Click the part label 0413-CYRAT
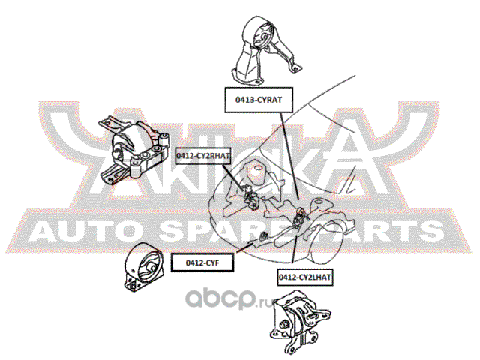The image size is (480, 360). pos(259,100)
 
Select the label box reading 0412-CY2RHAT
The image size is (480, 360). pos(203,156)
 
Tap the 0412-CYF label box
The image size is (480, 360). pos(202,262)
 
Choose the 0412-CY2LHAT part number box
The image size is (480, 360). pos(305,277)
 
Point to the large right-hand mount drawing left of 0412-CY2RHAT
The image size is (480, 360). pos(134,150)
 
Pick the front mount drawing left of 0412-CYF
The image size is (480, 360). pos(144,267)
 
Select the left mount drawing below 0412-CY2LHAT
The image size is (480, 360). pos(300,322)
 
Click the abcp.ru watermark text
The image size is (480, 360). pos(229,299)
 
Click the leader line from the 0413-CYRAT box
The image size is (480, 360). pos(289,155)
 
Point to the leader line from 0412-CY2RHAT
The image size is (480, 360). pos(234,178)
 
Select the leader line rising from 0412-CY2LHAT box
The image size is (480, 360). pos(295,245)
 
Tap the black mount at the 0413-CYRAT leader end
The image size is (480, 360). pos(299,218)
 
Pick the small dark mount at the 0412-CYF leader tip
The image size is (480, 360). pos(263,236)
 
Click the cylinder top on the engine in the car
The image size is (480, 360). pos(259,168)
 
